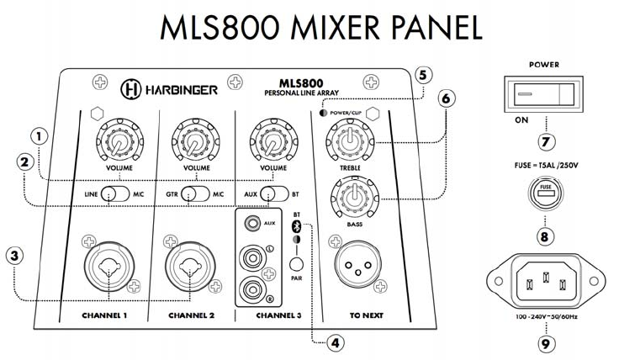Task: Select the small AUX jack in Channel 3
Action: point(251,225)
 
